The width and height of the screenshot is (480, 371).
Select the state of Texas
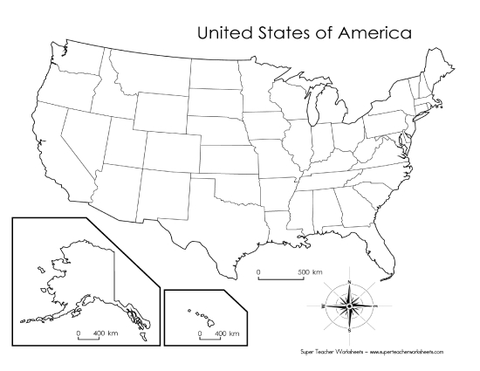click(218, 214)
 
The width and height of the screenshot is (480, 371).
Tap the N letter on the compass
click(349, 281)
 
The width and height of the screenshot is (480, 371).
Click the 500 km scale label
click(309, 272)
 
